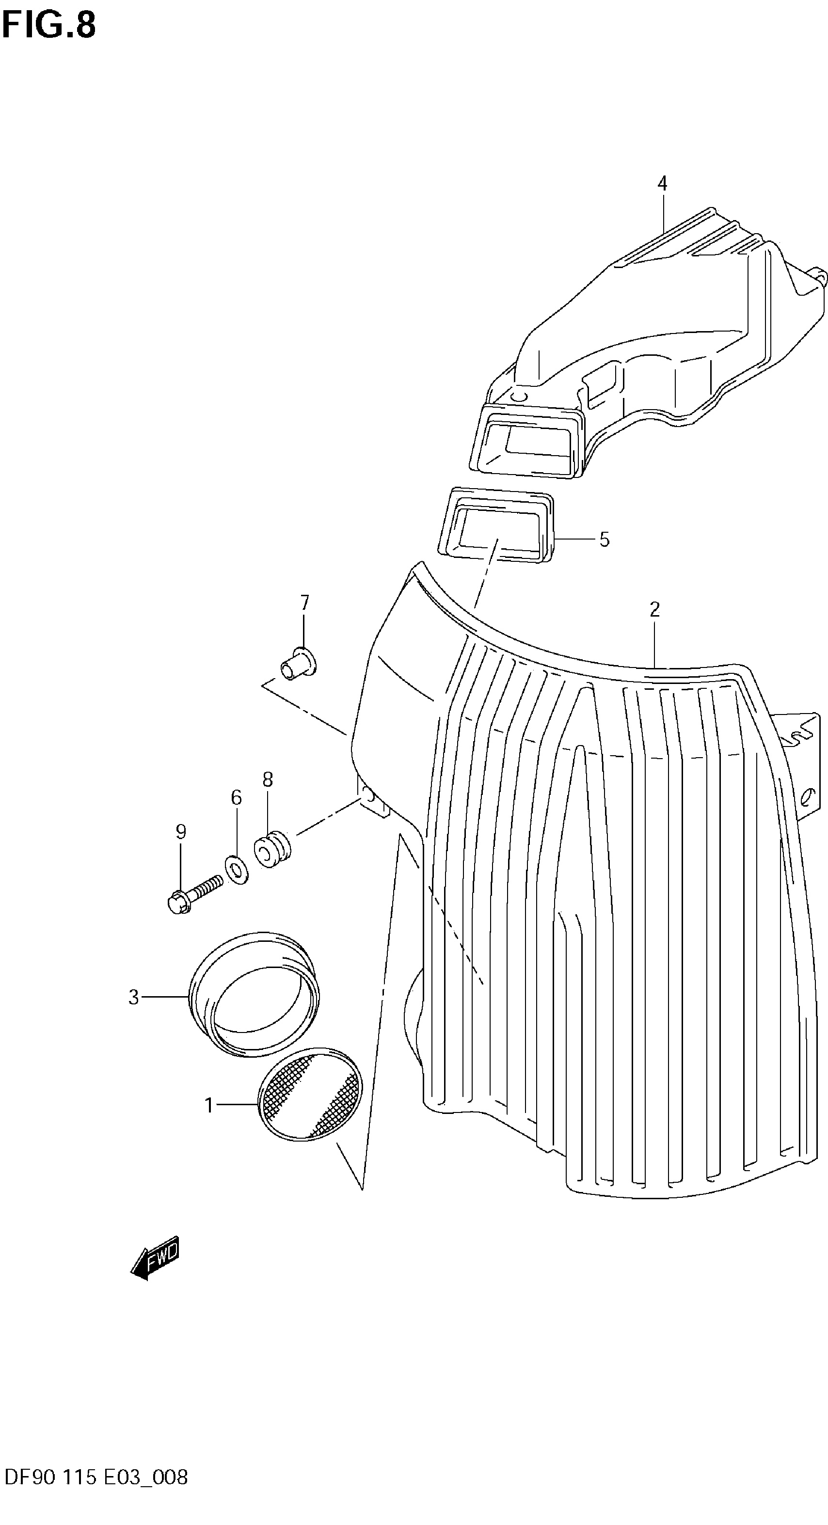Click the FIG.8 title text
(48, 26)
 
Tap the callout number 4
(662, 184)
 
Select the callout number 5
(604, 540)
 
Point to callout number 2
(654, 609)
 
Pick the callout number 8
(268, 779)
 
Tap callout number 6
(236, 798)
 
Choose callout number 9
(181, 832)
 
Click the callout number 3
(134, 998)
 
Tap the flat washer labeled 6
(237, 869)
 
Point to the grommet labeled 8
(272, 850)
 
